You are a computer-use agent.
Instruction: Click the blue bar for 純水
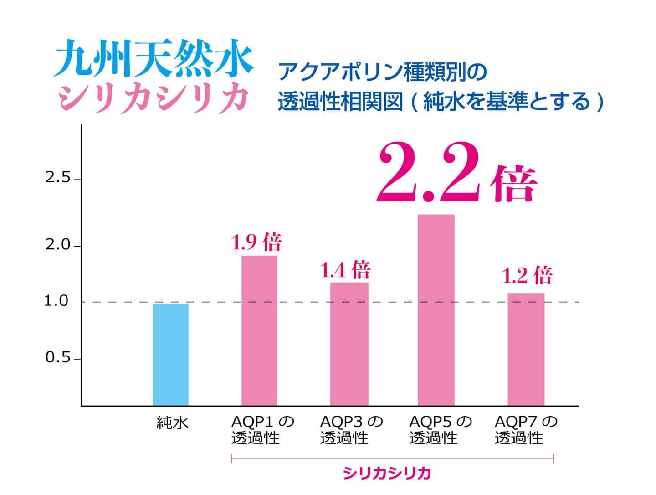(x=170, y=354)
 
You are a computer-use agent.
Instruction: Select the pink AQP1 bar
(x=259, y=330)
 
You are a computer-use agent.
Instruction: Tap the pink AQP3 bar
(x=349, y=344)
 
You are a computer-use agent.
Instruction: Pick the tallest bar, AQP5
(x=436, y=310)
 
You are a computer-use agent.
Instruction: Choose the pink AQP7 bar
(x=526, y=349)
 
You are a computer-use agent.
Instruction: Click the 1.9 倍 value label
(x=256, y=242)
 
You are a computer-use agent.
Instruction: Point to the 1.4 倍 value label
(x=345, y=270)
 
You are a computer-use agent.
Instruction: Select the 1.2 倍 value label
(x=527, y=275)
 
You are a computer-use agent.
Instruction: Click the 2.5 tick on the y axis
(x=58, y=178)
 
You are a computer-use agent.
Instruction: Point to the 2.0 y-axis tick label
(x=58, y=245)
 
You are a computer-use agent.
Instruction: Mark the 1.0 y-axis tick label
(x=56, y=301)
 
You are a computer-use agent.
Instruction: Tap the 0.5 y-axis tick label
(x=58, y=358)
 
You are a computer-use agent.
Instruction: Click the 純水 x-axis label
(x=172, y=423)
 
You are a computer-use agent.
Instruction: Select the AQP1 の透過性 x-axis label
(x=262, y=429)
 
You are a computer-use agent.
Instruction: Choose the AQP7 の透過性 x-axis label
(x=526, y=429)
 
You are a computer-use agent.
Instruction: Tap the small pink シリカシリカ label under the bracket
(x=387, y=474)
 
